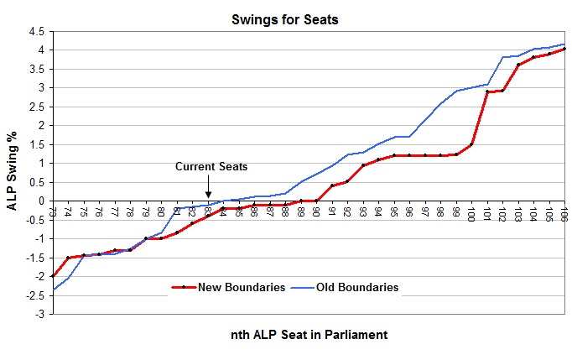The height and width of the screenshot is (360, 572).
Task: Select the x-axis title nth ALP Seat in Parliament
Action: tap(309, 334)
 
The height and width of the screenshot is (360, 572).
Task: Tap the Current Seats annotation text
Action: tap(211, 167)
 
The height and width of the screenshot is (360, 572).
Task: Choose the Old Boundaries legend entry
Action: tap(356, 287)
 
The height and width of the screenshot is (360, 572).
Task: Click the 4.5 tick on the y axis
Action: tap(36, 32)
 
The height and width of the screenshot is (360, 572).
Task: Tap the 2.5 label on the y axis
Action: tap(36, 107)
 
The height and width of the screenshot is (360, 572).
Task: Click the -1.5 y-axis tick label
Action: tap(34, 258)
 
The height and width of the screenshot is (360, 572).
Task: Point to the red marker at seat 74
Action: tap(68, 258)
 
